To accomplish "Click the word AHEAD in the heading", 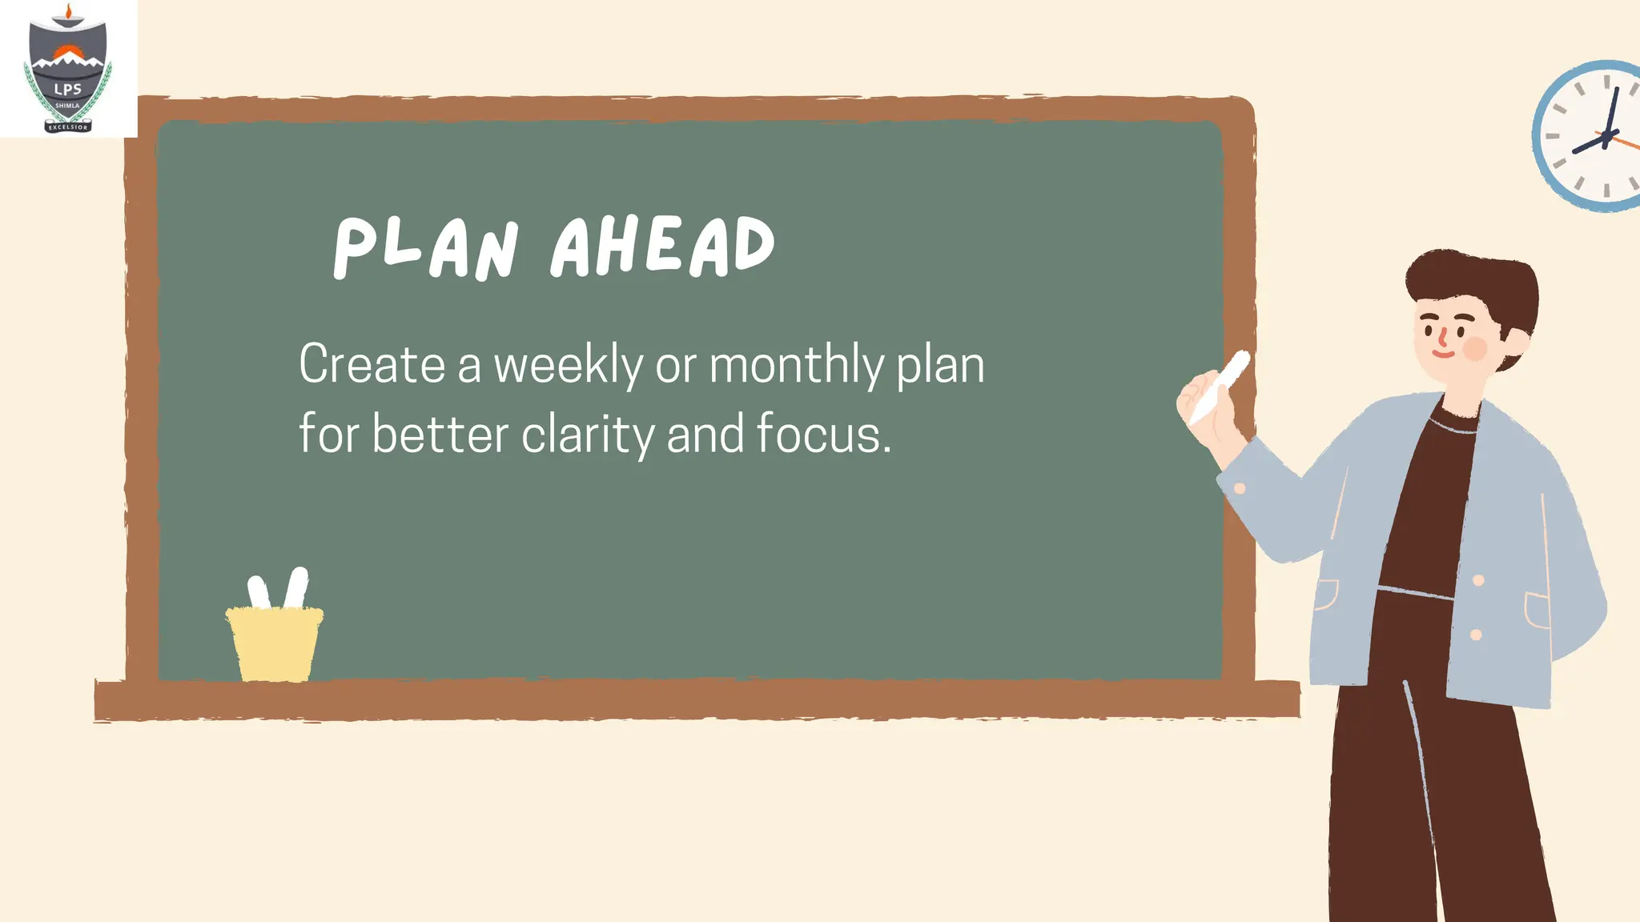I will point(663,247).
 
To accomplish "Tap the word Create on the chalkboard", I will point(372,365).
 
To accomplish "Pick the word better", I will point(440,435).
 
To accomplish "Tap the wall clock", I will point(1590,136).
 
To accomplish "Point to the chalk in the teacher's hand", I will point(1221,384).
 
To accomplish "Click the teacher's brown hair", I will point(1473,280).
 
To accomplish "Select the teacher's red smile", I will point(1442,352).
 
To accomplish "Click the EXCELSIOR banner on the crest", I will point(68,126).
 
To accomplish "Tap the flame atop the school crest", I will point(68,11).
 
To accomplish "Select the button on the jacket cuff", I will point(1240,488).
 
